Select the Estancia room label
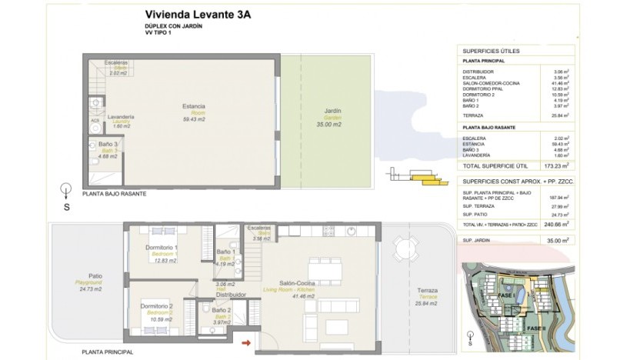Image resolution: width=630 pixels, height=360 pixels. click(x=193, y=105)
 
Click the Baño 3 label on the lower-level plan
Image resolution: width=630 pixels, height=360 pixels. click(x=108, y=144)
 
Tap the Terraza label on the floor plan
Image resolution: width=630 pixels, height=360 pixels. click(x=427, y=290)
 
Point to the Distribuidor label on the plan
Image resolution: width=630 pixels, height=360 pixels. click(x=230, y=295)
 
